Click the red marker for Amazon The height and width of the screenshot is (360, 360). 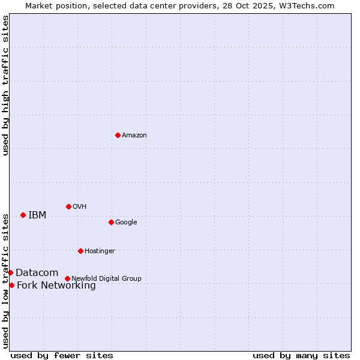pyautogui.click(x=118, y=135)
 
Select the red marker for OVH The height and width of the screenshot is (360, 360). pyautogui.click(x=68, y=206)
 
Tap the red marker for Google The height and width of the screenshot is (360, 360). pyautogui.click(x=111, y=222)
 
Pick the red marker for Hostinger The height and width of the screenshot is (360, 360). pyautogui.click(x=80, y=251)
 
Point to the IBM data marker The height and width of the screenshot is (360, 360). pyautogui.click(x=23, y=215)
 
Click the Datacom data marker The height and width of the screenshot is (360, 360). pyautogui.click(x=10, y=272)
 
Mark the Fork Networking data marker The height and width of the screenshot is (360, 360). pyautogui.click(x=11, y=285)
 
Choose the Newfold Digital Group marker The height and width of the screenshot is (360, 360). pyautogui.click(x=67, y=278)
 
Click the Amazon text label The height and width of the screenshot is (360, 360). pyautogui.click(x=134, y=136)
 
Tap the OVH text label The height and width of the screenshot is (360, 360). pyautogui.click(x=80, y=207)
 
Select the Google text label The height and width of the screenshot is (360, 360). pyautogui.click(x=126, y=223)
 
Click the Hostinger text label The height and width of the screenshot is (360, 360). pyautogui.click(x=100, y=251)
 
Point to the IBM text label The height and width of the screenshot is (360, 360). pyautogui.click(x=37, y=215)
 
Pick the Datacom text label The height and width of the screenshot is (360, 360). pyautogui.click(x=37, y=273)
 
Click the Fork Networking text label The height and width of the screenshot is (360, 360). pyautogui.click(x=56, y=286)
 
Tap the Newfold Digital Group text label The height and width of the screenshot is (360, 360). pyautogui.click(x=106, y=279)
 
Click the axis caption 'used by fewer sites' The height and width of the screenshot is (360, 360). pyautogui.click(x=62, y=355)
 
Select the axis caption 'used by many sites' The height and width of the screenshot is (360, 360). pyautogui.click(x=301, y=355)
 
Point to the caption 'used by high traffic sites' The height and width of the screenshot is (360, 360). pyautogui.click(x=6, y=85)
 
